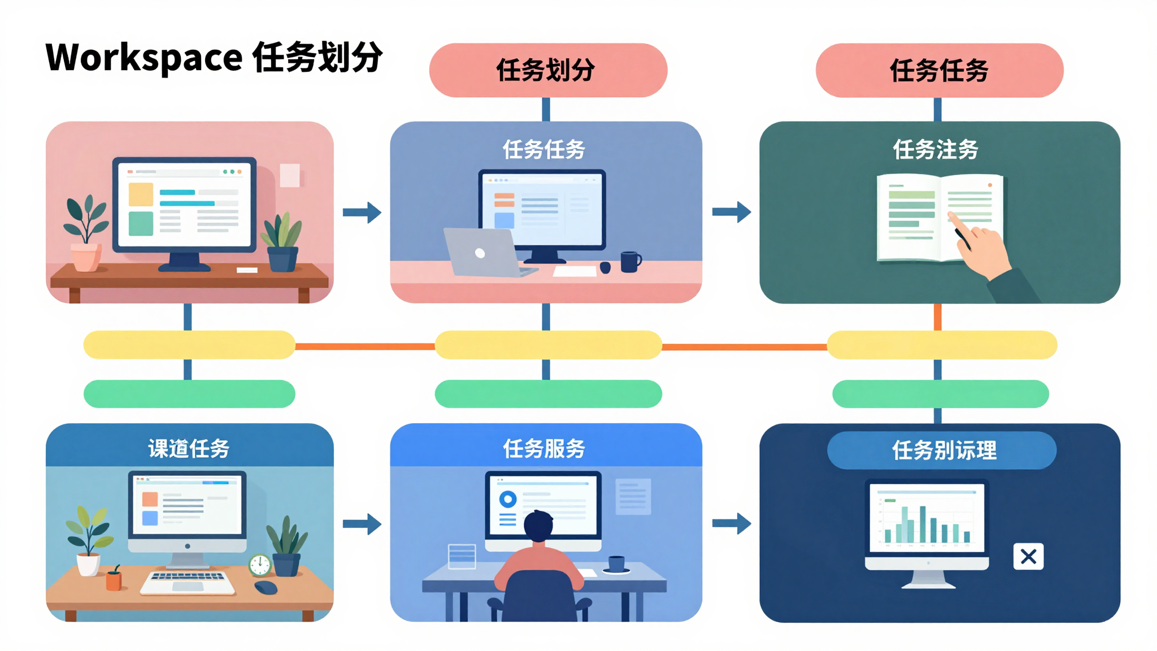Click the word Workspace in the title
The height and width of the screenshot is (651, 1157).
144,58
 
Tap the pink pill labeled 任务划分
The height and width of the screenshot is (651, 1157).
547,71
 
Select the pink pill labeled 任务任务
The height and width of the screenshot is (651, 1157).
939,71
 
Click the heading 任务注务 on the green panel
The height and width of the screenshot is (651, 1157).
936,150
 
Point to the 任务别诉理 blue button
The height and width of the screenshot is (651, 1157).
942,450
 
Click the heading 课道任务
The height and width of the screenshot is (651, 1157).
189,449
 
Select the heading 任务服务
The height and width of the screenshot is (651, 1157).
544,449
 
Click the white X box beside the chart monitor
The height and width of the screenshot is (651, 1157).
1028,557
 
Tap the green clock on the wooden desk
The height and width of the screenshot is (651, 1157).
260,565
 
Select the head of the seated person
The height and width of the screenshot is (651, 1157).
538,526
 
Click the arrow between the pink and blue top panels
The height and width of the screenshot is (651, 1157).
362,212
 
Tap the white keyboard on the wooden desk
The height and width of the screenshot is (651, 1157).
188,583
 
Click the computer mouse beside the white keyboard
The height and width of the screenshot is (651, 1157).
266,588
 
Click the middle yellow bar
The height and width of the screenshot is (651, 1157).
547,345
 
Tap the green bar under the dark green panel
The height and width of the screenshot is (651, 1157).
940,394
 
